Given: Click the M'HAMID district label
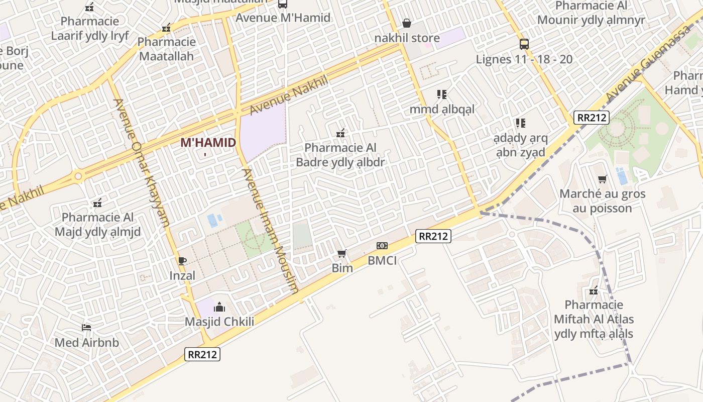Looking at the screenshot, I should pos(208,143).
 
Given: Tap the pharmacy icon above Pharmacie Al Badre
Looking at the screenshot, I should pos(340,133).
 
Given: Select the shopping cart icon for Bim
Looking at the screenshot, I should pos(342,254).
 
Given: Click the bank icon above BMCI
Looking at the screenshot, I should pos(382,246).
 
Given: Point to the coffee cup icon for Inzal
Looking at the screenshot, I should pos(182,261).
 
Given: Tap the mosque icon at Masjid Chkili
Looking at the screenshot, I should pos(219,307).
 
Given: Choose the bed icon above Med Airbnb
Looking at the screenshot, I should pos(86,328).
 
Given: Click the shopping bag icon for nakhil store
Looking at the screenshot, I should pos(407,24).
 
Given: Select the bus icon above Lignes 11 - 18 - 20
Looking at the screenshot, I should pos(524,44).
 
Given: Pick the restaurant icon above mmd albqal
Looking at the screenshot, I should pos(442,94).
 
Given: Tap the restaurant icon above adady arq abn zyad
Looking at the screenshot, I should pos(520,123).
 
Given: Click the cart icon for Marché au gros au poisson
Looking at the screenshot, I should pos(603,179).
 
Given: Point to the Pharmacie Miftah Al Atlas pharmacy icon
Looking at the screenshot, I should pos(594,290).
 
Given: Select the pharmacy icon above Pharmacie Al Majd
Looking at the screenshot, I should pos(97,204).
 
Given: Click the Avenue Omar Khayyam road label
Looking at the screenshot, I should pos(142,162).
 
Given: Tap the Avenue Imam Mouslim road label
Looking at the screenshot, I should pos(271,231).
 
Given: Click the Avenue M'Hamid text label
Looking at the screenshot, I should pos(283,18).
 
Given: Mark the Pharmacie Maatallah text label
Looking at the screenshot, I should pos(166,49).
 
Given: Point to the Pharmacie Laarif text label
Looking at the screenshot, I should pos(90,28).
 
